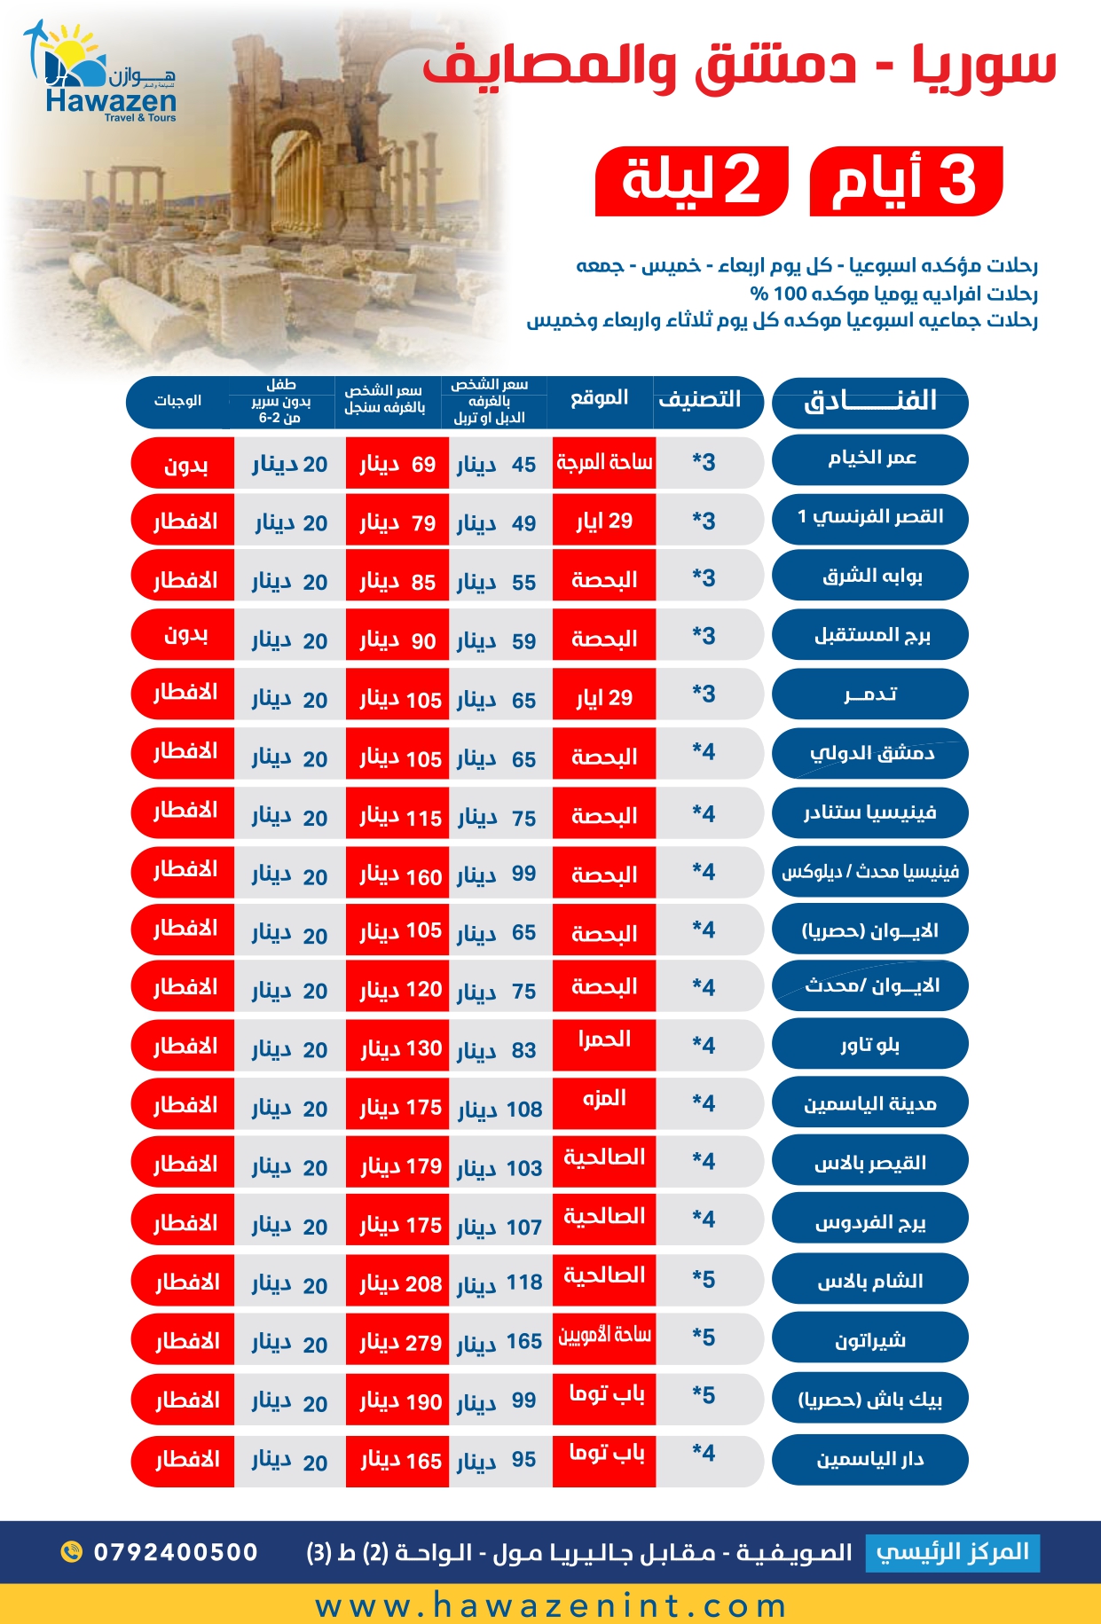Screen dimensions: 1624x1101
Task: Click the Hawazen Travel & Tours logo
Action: (x=102, y=75)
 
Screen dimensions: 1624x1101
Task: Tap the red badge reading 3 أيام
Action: (x=906, y=181)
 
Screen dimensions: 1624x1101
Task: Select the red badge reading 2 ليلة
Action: (x=691, y=181)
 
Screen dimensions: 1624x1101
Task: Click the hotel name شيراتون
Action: (x=869, y=1338)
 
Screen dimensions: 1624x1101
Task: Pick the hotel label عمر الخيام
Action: (x=869, y=459)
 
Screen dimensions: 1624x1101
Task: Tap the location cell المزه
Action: (x=604, y=1099)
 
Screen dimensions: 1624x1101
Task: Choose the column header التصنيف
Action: (x=700, y=399)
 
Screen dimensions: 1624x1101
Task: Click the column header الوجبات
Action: (x=177, y=401)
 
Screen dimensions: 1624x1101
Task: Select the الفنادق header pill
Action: (x=869, y=401)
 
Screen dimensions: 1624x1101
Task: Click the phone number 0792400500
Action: (x=176, y=1552)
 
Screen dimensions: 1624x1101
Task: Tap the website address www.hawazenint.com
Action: (x=550, y=1605)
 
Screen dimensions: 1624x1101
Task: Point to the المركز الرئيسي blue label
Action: (x=952, y=1552)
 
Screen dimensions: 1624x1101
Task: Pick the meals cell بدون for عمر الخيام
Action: (x=185, y=464)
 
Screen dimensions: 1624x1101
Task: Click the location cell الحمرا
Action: (x=604, y=1040)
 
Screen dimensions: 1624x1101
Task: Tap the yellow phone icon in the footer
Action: (x=71, y=1551)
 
